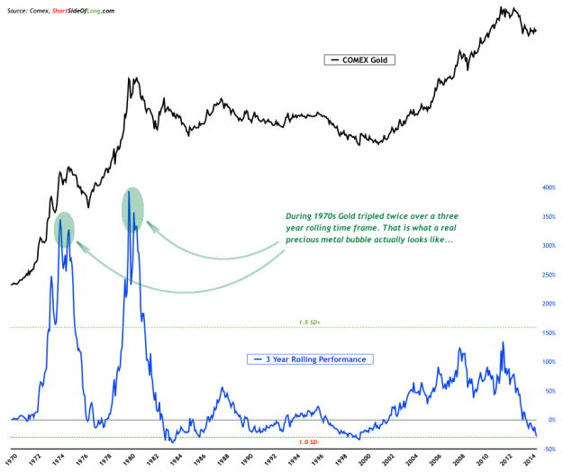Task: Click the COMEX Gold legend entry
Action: point(359,60)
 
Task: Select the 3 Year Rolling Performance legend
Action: point(310,359)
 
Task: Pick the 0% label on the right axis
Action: point(547,420)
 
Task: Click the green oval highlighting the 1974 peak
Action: point(64,229)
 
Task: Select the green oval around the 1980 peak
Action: point(132,209)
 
